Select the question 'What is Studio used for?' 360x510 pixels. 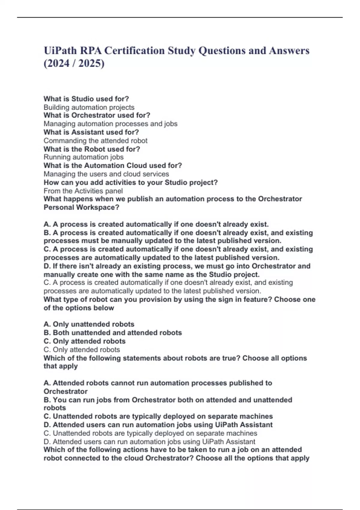coord(86,99)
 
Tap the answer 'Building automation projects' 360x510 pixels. coord(89,107)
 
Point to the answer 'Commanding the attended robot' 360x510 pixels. coord(95,141)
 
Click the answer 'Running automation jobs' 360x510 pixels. coord(83,157)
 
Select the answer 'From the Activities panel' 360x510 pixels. coord(83,191)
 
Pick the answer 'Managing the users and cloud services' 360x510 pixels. coord(106,174)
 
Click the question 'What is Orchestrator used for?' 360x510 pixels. coord(97,115)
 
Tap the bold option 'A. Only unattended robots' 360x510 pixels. coord(89,324)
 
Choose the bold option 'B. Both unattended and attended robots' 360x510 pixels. coord(112,333)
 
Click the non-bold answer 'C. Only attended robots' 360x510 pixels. coord(82,350)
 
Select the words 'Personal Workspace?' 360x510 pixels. coord(81,207)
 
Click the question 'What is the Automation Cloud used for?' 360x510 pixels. coord(113,166)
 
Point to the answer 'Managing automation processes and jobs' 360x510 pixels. coord(110,124)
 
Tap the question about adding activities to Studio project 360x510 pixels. coord(130,182)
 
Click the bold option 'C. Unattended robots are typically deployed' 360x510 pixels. coord(158,416)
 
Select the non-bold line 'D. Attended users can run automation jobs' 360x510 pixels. coord(149,442)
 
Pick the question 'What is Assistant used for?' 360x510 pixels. coord(91,132)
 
